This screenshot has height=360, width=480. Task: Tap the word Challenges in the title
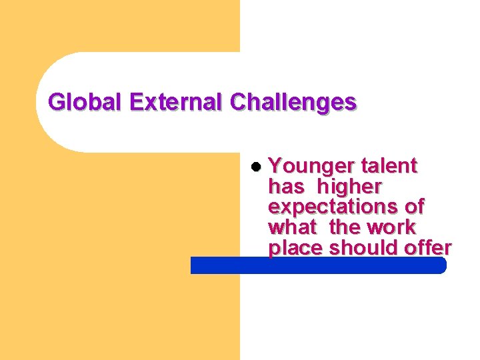(x=293, y=102)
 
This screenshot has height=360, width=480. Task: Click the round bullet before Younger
(x=257, y=166)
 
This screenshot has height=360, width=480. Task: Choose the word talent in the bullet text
(x=389, y=165)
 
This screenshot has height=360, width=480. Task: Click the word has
(x=285, y=186)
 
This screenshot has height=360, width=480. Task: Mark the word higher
(x=350, y=187)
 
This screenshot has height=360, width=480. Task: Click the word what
(x=292, y=227)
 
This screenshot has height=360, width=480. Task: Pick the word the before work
(x=345, y=227)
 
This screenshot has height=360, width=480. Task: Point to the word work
(x=391, y=227)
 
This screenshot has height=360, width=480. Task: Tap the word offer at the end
(x=427, y=248)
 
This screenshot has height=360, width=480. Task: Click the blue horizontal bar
(x=318, y=265)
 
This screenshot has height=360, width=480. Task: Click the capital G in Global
(x=57, y=102)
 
